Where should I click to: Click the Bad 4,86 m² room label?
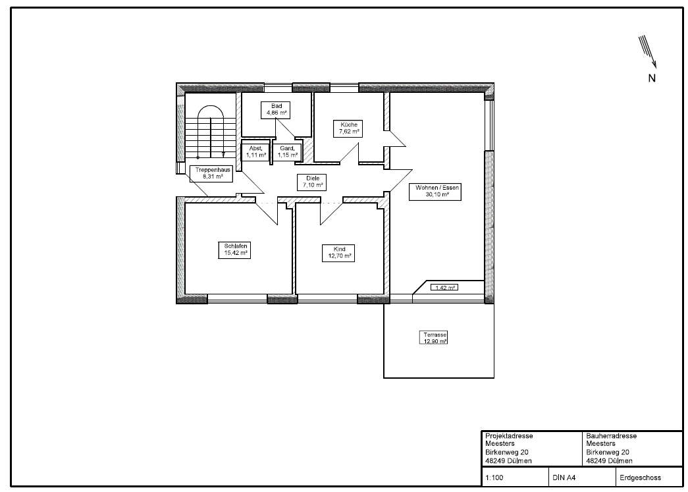tap(277, 110)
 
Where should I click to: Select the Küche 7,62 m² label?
tap(348, 128)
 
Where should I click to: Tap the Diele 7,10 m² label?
tap(313, 182)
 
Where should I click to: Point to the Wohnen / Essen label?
tap(435, 192)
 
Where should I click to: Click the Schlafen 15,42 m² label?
tap(235, 250)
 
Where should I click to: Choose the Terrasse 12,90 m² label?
tap(434, 338)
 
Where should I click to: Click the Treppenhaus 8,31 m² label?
tap(212, 173)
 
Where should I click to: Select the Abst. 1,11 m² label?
tap(255, 152)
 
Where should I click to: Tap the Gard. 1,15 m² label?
tap(287, 152)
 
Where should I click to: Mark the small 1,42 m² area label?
tap(444, 288)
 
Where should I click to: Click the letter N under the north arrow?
tap(652, 78)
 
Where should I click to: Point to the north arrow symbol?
tap(648, 52)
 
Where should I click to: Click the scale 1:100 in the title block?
tap(494, 478)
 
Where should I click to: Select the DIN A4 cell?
tap(564, 478)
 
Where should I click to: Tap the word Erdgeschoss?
tap(640, 478)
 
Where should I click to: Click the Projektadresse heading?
tap(509, 436)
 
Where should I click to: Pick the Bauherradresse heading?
tap(611, 436)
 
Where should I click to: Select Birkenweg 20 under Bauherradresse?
tap(608, 452)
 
